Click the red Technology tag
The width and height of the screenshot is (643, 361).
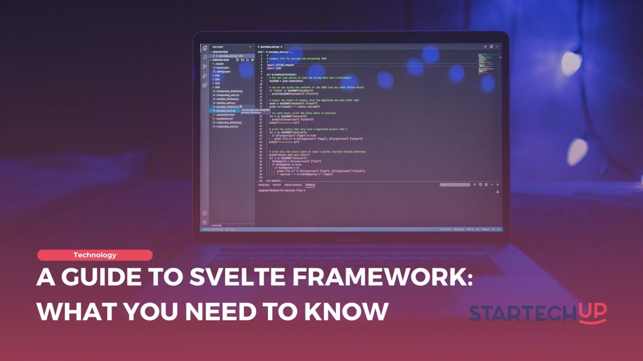pyautogui.click(x=95, y=255)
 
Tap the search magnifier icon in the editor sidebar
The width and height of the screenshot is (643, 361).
pyautogui.click(x=205, y=57)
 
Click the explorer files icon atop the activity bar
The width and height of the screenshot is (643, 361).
pyautogui.click(x=205, y=48)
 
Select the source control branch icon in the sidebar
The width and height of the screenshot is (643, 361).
pyautogui.click(x=205, y=67)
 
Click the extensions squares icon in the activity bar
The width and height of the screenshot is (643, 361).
pyautogui.click(x=205, y=85)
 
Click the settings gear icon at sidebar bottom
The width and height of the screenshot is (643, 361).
pyautogui.click(x=204, y=222)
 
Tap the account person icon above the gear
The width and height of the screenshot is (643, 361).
pyautogui.click(x=204, y=213)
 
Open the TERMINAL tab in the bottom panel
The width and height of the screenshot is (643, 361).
pyautogui.click(x=310, y=185)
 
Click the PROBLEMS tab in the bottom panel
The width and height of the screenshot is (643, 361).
pyautogui.click(x=263, y=185)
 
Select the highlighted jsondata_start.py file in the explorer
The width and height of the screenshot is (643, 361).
pyautogui.click(x=225, y=111)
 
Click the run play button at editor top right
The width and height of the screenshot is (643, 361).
pyautogui.click(x=485, y=47)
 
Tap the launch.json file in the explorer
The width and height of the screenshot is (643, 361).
pyautogui.click(x=222, y=67)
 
